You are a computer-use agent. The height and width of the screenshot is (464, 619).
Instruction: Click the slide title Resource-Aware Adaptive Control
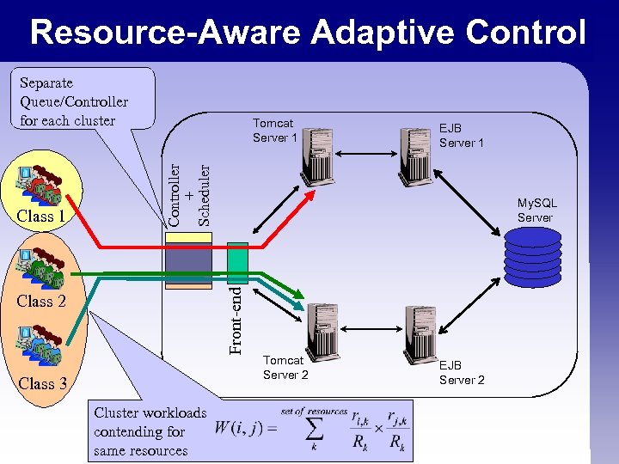click(308, 33)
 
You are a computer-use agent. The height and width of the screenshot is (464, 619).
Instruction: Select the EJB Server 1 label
click(462, 135)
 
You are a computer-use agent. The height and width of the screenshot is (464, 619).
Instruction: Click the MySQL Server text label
click(536, 211)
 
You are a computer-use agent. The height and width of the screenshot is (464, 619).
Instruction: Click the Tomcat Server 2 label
click(285, 368)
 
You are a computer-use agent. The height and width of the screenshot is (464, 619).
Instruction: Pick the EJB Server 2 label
click(462, 373)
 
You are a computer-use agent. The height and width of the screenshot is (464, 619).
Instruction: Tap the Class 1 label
click(41, 217)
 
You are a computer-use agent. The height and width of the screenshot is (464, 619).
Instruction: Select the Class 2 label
click(41, 301)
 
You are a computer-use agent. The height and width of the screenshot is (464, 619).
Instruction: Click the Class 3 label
click(41, 383)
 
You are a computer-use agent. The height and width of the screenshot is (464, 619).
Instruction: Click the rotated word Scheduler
click(204, 194)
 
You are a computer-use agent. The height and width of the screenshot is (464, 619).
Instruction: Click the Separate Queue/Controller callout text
click(74, 101)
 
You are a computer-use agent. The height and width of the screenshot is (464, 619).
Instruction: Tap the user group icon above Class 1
click(41, 184)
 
